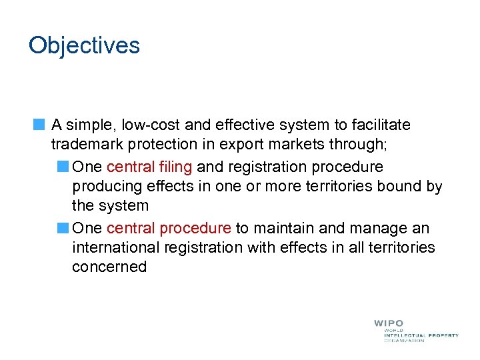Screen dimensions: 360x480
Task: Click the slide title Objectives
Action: [x=84, y=46]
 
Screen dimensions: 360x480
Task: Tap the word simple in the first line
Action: [x=85, y=125]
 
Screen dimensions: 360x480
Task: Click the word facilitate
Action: [x=379, y=125]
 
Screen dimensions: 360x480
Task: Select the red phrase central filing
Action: [x=149, y=166]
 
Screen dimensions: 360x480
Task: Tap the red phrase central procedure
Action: [x=169, y=228]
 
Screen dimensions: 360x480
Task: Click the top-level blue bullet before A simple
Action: [x=39, y=125]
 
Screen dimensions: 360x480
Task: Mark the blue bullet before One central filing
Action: [x=63, y=166]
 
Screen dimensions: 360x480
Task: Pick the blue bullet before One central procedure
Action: [x=63, y=228]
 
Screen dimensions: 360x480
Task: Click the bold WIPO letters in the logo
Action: [x=388, y=323]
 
